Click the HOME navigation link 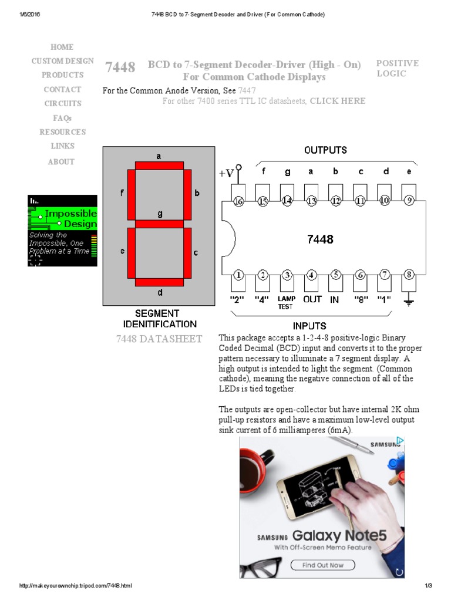pyautogui.click(x=62, y=47)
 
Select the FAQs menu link pyautogui.click(x=62, y=118)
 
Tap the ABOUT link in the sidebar pyautogui.click(x=62, y=161)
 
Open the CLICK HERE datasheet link pyautogui.click(x=337, y=101)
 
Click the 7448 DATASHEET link pyautogui.click(x=159, y=339)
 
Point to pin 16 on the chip pyautogui.click(x=238, y=201)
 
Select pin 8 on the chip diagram pyautogui.click(x=409, y=274)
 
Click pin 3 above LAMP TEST pyautogui.click(x=287, y=274)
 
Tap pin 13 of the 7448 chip pyautogui.click(x=311, y=201)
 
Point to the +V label pyautogui.click(x=227, y=173)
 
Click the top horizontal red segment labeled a pyautogui.click(x=159, y=166)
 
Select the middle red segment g pyautogui.click(x=159, y=224)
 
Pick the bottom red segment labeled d pyautogui.click(x=159, y=282)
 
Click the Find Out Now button pyautogui.click(x=323, y=565)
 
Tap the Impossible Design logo pyautogui.click(x=62, y=231)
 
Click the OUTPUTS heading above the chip pyautogui.click(x=325, y=150)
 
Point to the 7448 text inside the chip pyautogui.click(x=320, y=239)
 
